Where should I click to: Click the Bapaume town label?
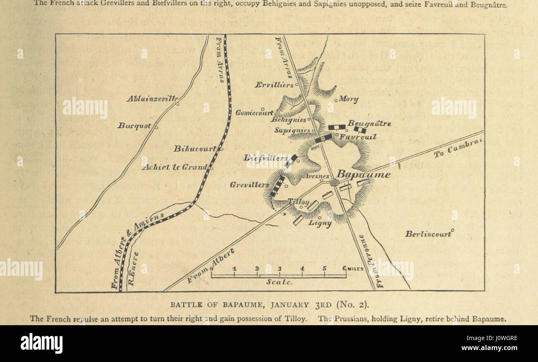363,175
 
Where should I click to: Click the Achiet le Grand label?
174,167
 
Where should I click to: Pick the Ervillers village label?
274,84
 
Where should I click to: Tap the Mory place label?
348,99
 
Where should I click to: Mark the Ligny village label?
320,223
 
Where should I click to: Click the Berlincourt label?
428,234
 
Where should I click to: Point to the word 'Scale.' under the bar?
279,282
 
